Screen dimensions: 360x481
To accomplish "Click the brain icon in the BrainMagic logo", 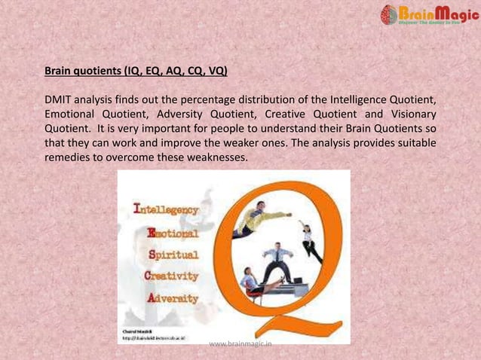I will tap(389, 14).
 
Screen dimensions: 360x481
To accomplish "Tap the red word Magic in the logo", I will tap(445, 13).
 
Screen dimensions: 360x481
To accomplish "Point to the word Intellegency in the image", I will tap(166, 209).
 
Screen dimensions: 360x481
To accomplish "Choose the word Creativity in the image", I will tap(171, 276).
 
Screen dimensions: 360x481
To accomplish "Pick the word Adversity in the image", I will tap(173, 298).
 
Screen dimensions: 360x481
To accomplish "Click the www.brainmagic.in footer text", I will tap(240, 344).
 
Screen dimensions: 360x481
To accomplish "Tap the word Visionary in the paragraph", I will tap(407, 114).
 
